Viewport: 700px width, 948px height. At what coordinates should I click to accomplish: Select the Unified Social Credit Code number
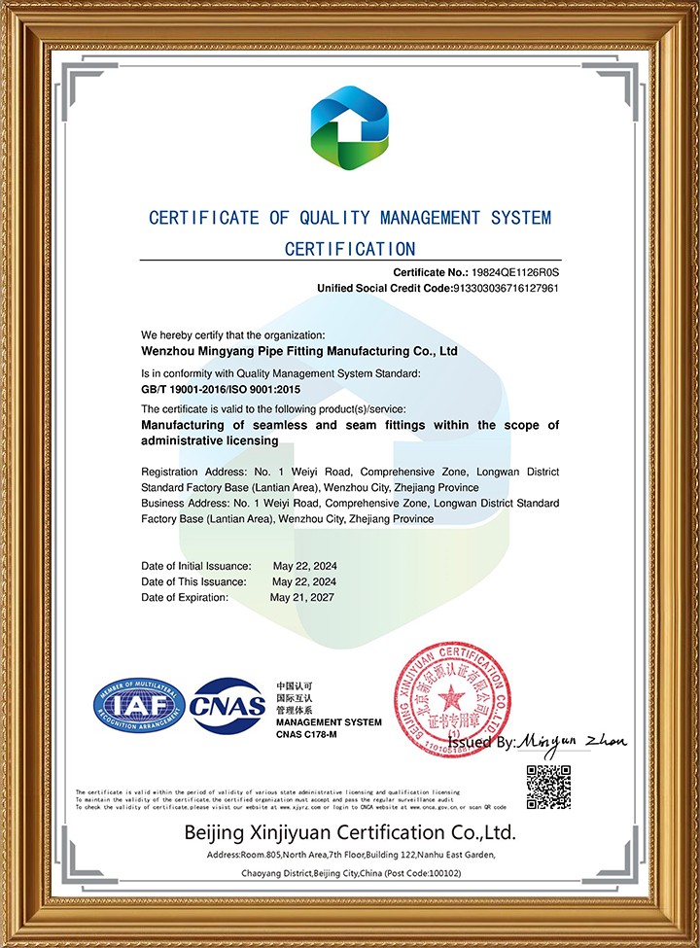pos(506,289)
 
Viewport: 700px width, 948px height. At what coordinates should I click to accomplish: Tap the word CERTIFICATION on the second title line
pos(349,249)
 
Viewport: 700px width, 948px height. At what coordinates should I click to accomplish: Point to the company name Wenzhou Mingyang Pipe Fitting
pos(299,350)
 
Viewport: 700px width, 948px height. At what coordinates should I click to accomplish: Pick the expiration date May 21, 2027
pos(302,597)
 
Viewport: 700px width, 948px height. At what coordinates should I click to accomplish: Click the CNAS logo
pos(228,706)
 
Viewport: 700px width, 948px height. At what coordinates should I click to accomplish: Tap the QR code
pos(548,787)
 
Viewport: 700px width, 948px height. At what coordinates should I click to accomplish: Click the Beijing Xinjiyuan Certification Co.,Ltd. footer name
pos(349,833)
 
